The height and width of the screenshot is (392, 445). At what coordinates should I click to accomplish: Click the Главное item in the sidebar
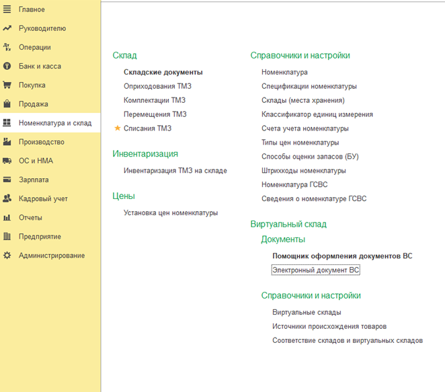pos(32,9)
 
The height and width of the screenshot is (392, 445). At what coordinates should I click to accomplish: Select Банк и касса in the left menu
pos(40,67)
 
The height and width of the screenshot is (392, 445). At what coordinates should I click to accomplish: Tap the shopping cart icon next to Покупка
pos(7,85)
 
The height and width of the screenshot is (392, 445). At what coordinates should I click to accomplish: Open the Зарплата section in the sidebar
pos(34,180)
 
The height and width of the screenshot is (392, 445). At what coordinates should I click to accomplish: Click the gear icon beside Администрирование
pos(7,256)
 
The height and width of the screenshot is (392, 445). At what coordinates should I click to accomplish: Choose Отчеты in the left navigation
pos(30,218)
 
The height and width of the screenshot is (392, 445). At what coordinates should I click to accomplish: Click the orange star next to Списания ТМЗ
pos(118,128)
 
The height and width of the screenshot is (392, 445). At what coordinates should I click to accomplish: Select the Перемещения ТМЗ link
pos(155,114)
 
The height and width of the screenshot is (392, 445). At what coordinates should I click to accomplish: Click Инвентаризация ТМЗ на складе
pos(175,171)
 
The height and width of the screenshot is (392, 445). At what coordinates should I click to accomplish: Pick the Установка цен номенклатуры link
pos(171,213)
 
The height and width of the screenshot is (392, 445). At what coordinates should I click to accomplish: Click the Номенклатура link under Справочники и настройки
pos(284,72)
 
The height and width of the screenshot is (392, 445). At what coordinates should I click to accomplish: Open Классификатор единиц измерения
pos(317,114)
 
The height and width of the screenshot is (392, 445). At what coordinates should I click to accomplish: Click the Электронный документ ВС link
pos(316,270)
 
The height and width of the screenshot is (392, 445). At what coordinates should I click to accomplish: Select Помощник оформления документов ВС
pos(342,256)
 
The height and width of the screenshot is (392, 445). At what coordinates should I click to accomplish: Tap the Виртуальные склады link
pos(307,313)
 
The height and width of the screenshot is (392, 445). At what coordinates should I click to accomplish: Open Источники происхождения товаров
pos(329,327)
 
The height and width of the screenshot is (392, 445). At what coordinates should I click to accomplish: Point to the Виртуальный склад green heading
pos(288,224)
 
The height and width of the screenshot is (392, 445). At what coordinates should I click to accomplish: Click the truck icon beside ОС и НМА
pos(7,161)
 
